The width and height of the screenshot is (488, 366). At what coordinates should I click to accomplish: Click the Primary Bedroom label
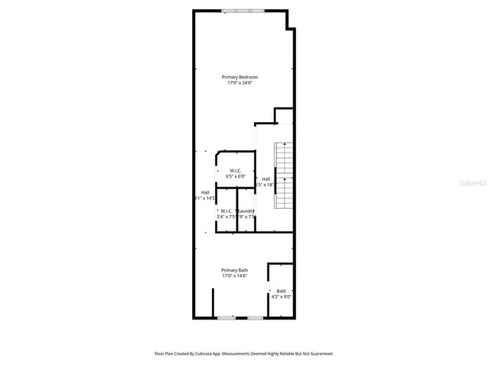(x=239, y=77)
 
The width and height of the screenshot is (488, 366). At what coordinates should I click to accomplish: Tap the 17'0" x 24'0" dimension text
(x=239, y=83)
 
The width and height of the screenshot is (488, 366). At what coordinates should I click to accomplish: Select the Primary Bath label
(x=234, y=270)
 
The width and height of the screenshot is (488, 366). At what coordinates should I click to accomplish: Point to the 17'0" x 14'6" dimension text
(x=234, y=276)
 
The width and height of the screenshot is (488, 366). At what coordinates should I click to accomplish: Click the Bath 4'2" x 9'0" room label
(x=281, y=294)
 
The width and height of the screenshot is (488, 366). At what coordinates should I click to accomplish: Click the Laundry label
(x=246, y=210)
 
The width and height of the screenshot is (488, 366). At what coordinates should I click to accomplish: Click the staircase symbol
(x=284, y=175)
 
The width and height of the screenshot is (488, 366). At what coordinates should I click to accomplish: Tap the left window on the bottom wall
(x=226, y=317)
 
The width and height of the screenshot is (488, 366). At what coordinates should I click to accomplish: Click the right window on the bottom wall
(x=255, y=317)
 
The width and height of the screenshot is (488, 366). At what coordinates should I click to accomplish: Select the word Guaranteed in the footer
(x=319, y=354)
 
